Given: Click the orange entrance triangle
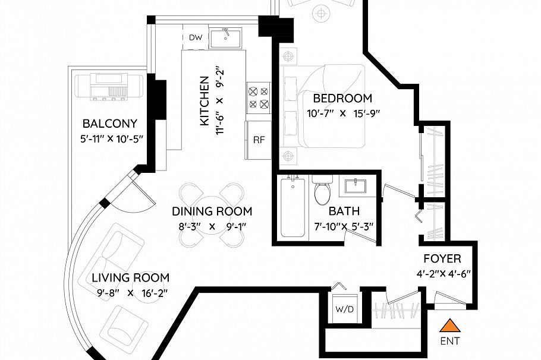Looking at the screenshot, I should [x=451, y=326].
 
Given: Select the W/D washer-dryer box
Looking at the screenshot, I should [x=345, y=309].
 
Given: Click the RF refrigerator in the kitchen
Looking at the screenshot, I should [x=259, y=140].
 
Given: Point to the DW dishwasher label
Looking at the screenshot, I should [x=195, y=37].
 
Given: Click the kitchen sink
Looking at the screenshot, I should [x=226, y=37].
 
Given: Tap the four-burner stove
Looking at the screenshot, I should [x=259, y=98].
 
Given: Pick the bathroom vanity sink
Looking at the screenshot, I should [x=357, y=185].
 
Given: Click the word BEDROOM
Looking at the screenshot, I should [x=342, y=99].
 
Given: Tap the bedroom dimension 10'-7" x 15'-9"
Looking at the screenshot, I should [x=343, y=113].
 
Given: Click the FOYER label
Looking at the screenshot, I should [x=442, y=259].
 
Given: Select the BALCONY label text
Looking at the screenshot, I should [x=110, y=124].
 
